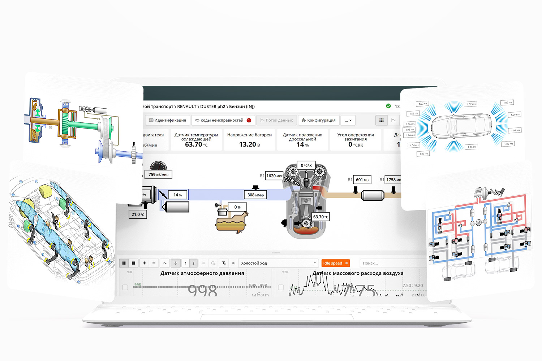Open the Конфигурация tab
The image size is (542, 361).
[x=319, y=120]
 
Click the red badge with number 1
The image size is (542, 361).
[x=249, y=120]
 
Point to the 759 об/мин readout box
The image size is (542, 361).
[x=158, y=175]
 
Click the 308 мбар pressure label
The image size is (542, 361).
[x=255, y=195]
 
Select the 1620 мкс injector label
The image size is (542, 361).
[x=274, y=176]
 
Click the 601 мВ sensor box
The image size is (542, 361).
[x=362, y=180]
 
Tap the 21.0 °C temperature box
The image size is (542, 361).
[x=138, y=214]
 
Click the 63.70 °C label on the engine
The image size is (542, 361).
[x=321, y=217]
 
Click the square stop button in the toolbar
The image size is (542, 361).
[x=133, y=263]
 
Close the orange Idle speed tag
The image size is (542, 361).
[x=347, y=263]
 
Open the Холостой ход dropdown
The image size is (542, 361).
[x=278, y=263]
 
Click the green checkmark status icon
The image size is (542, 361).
[x=388, y=106]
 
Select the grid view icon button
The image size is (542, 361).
[x=382, y=120]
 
